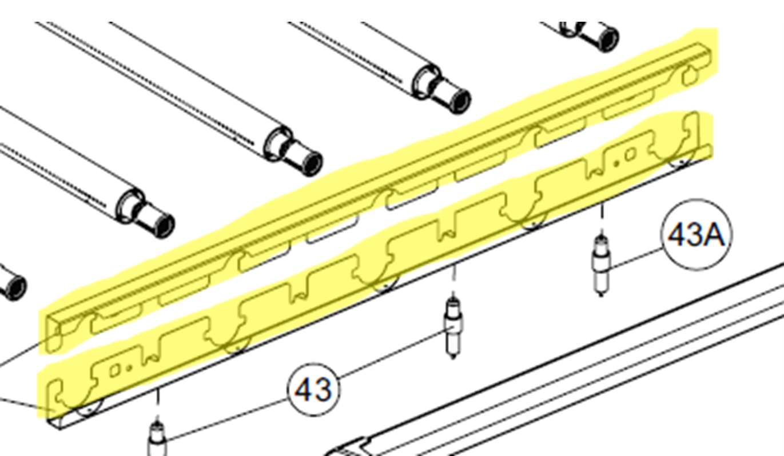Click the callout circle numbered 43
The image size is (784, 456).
click(313, 389)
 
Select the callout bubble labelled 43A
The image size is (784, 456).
click(696, 234)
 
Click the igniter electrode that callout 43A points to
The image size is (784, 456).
click(602, 266)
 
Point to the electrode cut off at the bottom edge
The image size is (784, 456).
click(157, 439)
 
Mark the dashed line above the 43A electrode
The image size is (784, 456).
click(602, 218)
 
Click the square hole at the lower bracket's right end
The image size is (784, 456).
click(630, 155)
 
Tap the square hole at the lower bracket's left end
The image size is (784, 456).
click(115, 370)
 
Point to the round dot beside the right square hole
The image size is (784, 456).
click(616, 163)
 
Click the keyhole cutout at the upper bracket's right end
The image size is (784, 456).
click(690, 76)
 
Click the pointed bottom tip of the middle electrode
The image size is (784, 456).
click(453, 358)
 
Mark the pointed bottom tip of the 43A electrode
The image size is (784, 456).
click(602, 296)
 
